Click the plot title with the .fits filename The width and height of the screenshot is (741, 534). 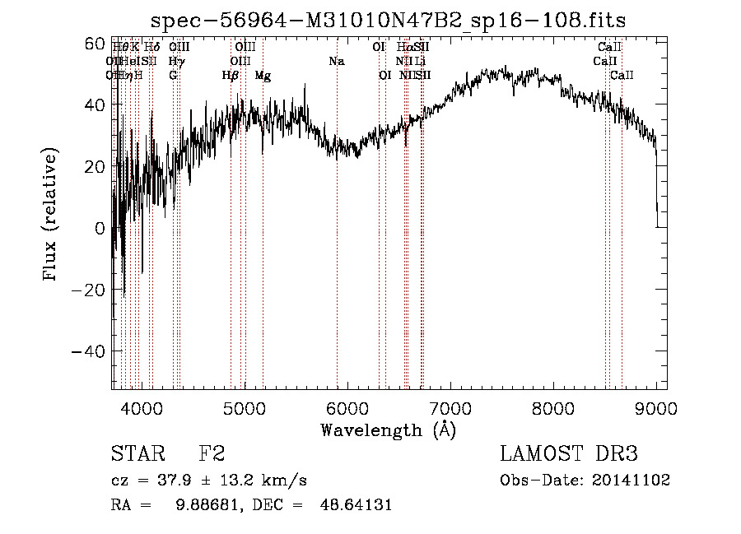(x=394, y=20)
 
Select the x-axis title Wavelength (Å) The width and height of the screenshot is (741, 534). (x=388, y=430)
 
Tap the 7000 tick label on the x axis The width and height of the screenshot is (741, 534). (x=450, y=407)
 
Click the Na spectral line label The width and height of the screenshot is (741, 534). (x=336, y=61)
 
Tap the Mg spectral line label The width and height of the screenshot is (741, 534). (x=263, y=75)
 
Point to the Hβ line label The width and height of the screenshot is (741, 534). (x=231, y=75)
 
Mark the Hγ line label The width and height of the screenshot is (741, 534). (x=176, y=61)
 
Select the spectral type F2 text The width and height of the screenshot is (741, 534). (x=212, y=454)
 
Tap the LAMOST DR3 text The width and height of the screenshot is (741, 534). (x=568, y=454)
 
